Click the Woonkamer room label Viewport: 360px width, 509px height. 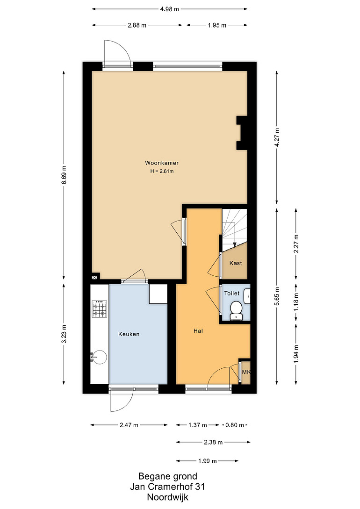click(162, 163)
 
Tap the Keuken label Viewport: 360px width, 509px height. click(129, 334)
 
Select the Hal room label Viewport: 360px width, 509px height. click(198, 331)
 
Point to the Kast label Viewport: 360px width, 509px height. click(236, 263)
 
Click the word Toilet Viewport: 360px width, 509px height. click(232, 293)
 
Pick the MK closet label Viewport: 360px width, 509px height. click(246, 372)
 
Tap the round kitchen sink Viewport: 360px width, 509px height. click(99, 358)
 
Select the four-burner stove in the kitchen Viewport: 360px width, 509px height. click(99, 308)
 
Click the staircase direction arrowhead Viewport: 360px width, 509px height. click(234, 245)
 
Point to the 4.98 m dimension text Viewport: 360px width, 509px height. click(169, 9)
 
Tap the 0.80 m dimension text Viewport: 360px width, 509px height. click(235, 425)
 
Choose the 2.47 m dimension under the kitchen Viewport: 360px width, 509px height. click(129, 425)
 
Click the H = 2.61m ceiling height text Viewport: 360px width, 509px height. click(162, 171)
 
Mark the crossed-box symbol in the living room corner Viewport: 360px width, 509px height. click(94, 277)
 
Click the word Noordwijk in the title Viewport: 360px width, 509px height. click(167, 497)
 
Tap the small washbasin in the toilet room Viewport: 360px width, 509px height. click(247, 296)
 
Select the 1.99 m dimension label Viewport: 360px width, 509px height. click(208, 461)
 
